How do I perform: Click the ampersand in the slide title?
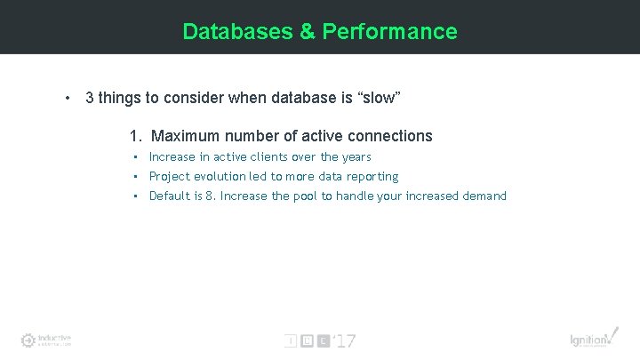307,32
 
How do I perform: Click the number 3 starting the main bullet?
90,98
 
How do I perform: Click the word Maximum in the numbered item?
185,136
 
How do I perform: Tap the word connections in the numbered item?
390,136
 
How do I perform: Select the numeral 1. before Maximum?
135,136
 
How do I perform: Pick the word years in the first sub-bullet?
356,157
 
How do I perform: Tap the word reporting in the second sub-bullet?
373,177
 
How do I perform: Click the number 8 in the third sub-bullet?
210,196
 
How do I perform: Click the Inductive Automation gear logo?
29,340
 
